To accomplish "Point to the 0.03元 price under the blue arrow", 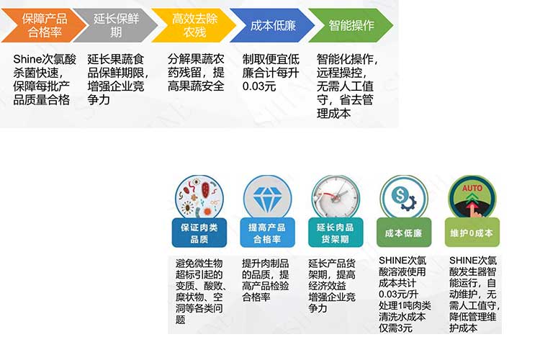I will click(260, 86).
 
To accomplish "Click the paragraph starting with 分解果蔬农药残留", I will click(196, 73).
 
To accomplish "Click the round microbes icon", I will click(199, 196).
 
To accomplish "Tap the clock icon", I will click(334, 197).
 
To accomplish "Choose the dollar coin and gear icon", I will click(403, 197).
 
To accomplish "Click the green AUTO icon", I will click(472, 197).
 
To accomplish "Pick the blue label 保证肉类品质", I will click(199, 233).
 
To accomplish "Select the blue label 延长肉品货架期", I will click(334, 233).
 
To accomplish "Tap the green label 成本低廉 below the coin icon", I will click(403, 233).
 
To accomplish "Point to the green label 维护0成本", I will click(472, 233).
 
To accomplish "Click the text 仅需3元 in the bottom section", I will click(396, 328).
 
